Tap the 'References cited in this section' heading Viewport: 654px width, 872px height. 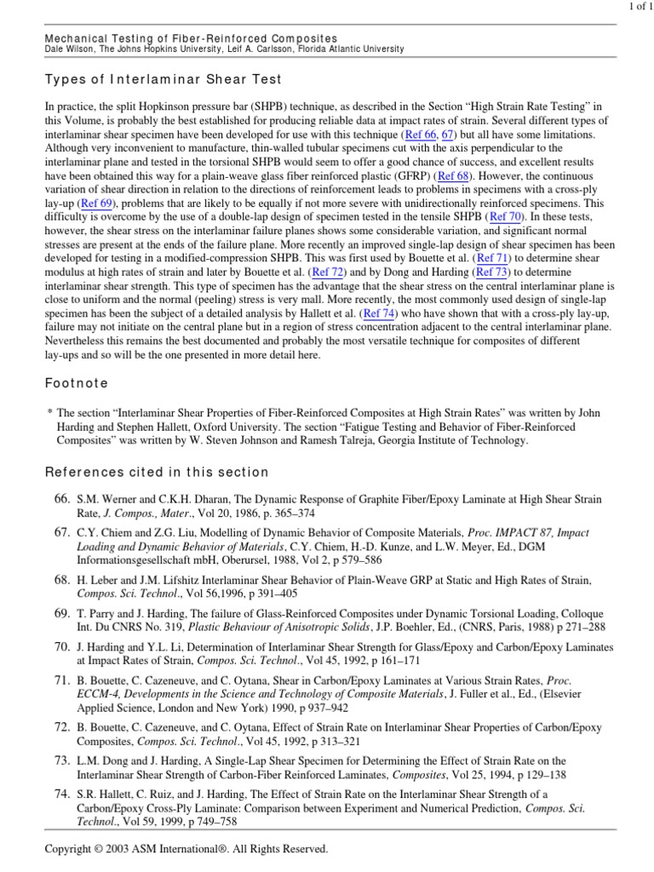[x=157, y=472]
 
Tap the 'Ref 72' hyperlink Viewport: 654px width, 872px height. [x=329, y=272]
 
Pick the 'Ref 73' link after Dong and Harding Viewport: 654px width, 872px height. [x=493, y=272]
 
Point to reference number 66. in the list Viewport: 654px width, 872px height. [x=61, y=497]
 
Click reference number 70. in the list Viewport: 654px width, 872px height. [x=61, y=647]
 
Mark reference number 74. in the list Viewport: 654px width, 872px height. [x=61, y=794]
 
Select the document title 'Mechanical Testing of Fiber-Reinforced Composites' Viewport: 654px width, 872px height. [x=190, y=38]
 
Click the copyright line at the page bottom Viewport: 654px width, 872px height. [x=187, y=849]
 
